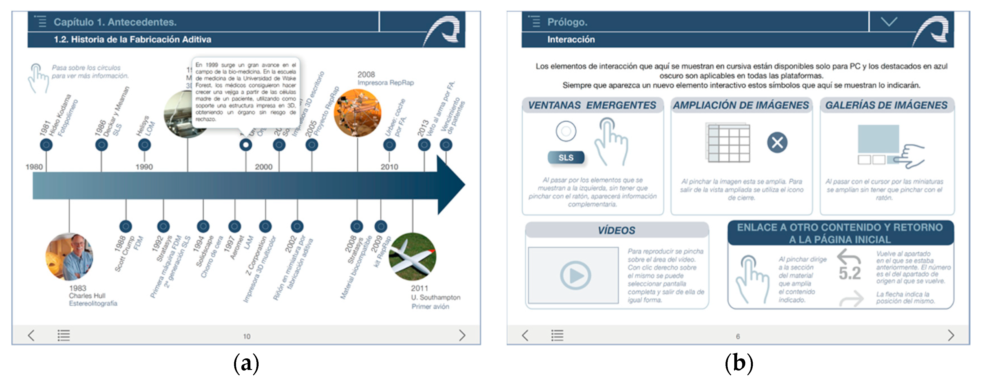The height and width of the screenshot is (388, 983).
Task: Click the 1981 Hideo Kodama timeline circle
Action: coord(46,145)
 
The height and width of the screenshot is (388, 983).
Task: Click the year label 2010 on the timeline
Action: coord(389,167)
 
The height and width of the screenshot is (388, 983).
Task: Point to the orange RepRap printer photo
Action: coord(357,113)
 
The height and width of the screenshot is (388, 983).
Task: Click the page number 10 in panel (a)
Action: coord(246,336)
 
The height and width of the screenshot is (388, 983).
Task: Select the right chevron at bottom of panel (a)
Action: coord(462,335)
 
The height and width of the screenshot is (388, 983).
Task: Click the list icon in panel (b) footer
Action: coord(557,335)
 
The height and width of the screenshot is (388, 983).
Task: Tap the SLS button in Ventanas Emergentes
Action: coord(566,158)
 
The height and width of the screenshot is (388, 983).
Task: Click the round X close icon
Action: coord(777,143)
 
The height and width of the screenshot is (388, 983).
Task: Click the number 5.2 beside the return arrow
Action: coord(849,273)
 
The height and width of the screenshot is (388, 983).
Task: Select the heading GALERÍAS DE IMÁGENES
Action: coord(886,105)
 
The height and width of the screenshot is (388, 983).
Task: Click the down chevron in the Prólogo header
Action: coord(889,22)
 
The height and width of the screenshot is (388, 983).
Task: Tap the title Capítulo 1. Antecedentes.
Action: coord(115,22)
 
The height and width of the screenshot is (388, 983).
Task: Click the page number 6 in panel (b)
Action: coord(738,336)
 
